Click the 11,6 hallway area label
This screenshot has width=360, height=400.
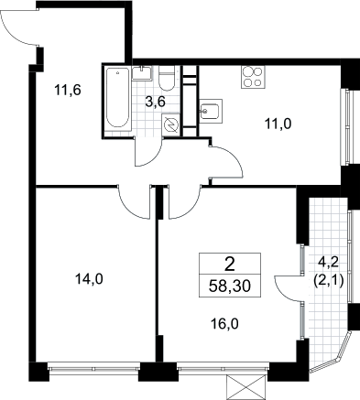click(68, 91)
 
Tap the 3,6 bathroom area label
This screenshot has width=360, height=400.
click(155, 102)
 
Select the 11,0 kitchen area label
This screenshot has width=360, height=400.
click(278, 124)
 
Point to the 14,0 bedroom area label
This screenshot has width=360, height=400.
click(90, 279)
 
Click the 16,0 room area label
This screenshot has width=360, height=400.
click(224, 324)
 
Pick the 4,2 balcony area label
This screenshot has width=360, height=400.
click(329, 262)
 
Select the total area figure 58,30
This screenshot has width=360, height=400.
click(230, 286)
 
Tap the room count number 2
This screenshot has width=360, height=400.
click(230, 265)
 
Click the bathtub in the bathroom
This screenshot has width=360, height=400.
click(117, 97)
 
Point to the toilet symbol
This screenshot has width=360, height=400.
click(167, 79)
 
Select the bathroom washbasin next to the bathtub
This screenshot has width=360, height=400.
click(142, 73)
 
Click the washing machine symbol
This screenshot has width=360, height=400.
click(169, 125)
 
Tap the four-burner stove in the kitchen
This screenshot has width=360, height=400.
click(253, 77)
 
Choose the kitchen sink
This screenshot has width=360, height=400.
click(211, 111)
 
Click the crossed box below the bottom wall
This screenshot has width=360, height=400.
click(245, 387)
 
